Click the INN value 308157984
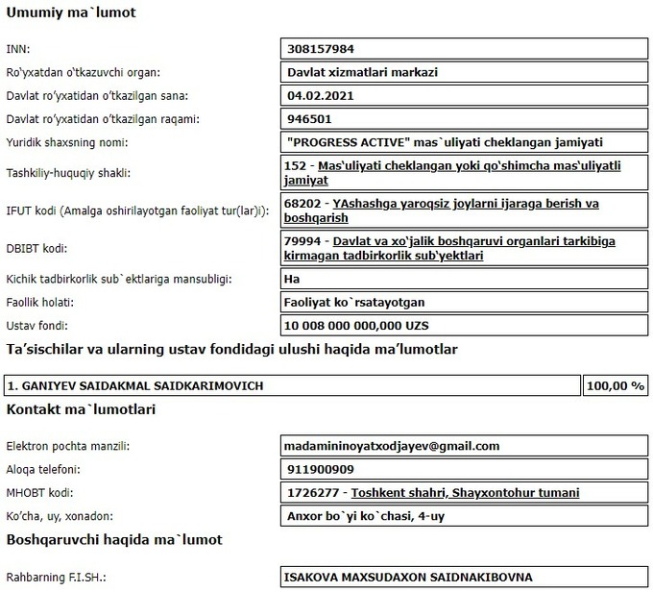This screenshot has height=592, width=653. [327, 48]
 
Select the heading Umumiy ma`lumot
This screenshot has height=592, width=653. [71, 14]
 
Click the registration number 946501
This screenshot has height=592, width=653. [308, 119]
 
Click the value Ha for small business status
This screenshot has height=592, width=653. [296, 279]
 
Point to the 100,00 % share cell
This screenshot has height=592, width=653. [616, 385]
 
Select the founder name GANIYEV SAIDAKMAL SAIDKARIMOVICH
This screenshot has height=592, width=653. [135, 385]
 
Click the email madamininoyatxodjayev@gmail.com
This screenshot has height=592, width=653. [393, 446]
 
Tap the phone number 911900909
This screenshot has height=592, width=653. [321, 470]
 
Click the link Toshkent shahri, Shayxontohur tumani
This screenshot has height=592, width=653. [465, 493]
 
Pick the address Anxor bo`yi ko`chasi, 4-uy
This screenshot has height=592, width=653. [366, 516]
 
